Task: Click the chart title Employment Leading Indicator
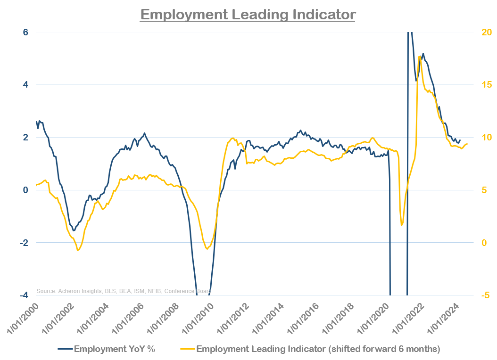pyautogui.click(x=248, y=14)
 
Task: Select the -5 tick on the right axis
pyautogui.click(x=485, y=295)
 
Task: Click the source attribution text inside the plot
pyautogui.click(x=124, y=291)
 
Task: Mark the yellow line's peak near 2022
pyautogui.click(x=419, y=57)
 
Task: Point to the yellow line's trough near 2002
pyautogui.click(x=78, y=250)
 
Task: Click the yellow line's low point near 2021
pyautogui.click(x=402, y=225)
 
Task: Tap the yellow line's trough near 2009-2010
pyautogui.click(x=207, y=249)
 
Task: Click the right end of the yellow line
pyautogui.click(x=467, y=144)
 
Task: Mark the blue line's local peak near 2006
pyautogui.click(x=144, y=133)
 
